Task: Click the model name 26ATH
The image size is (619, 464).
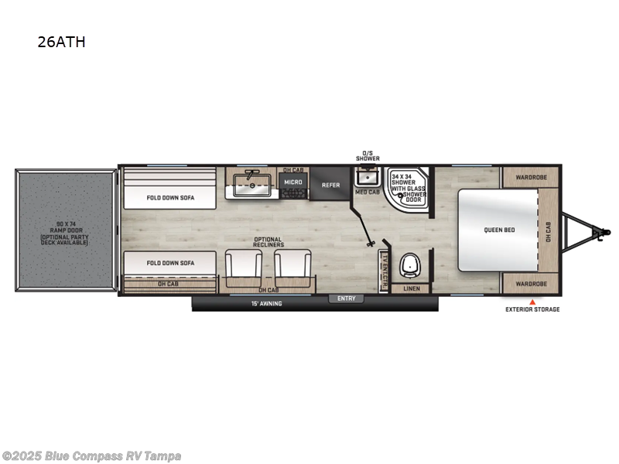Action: pos(61,43)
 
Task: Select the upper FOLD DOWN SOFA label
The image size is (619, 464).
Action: pos(170,197)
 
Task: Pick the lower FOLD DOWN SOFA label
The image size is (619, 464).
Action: pos(170,263)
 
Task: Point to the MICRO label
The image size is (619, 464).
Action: pos(292,183)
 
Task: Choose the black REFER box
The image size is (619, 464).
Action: pos(330,185)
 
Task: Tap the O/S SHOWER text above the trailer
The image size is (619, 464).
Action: pos(368,155)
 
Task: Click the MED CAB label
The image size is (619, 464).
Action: pos(367,192)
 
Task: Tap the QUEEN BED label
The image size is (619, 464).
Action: pos(499,230)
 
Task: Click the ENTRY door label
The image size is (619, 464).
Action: pos(345,298)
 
